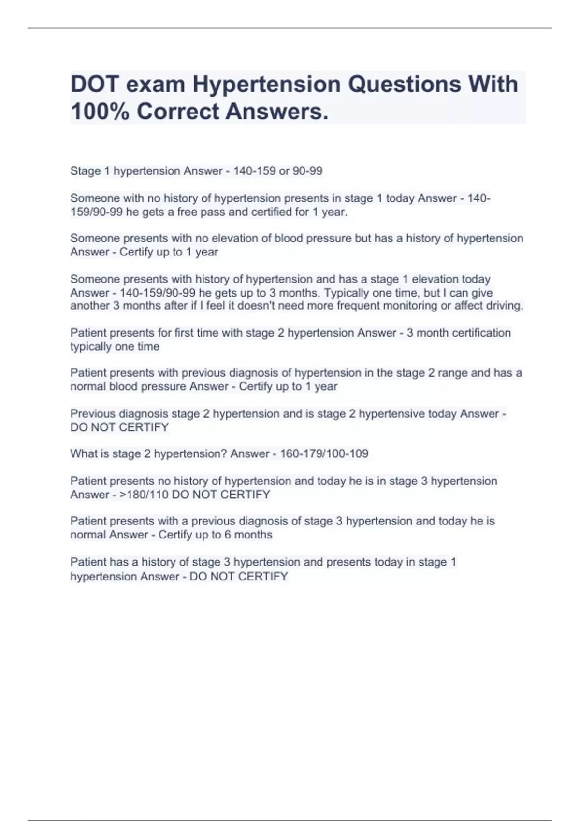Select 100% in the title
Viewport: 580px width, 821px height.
coord(100,112)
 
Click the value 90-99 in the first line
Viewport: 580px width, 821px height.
coord(307,171)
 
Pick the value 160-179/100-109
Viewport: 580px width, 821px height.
coord(324,453)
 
